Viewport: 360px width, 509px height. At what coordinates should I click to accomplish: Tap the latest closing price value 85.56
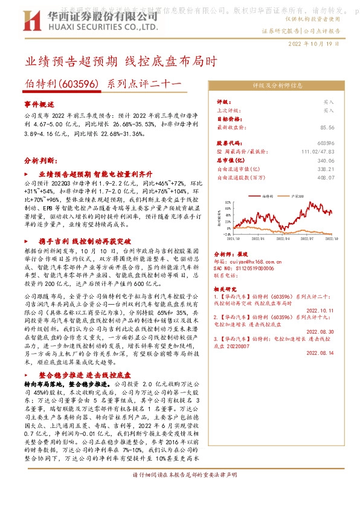tap(327, 128)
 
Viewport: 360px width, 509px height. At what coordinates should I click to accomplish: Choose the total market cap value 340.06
tap(326, 160)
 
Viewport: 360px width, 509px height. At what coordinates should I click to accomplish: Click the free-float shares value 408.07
tap(326, 178)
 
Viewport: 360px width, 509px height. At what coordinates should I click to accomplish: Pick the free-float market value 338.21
tap(326, 169)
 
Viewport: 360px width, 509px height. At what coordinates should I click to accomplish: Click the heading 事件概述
tap(39, 104)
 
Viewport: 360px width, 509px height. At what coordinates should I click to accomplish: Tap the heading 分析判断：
tap(41, 161)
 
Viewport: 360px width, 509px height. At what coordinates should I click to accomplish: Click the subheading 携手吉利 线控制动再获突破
tap(76, 241)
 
